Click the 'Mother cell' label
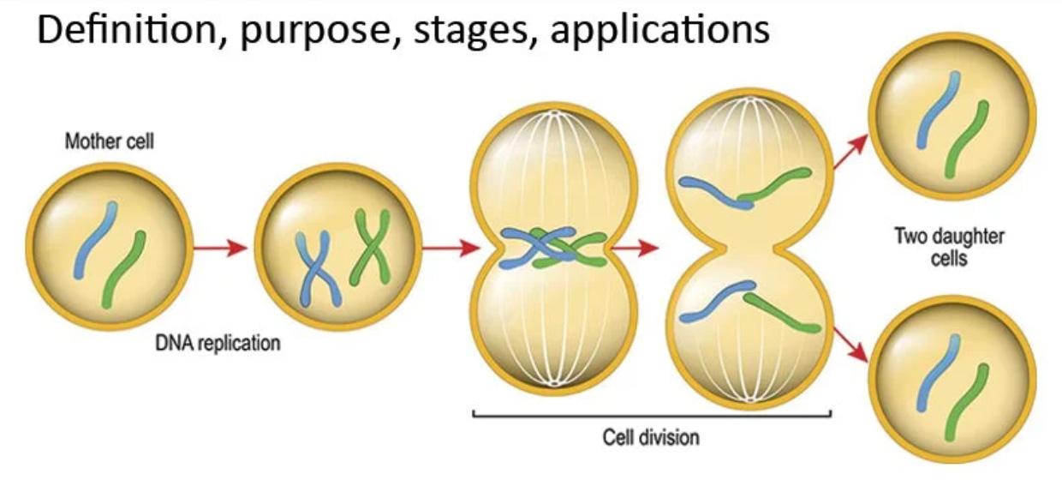point(110,141)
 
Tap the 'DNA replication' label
point(218,344)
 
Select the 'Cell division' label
point(651,437)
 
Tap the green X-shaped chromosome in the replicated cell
point(370,249)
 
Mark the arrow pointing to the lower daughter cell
point(850,344)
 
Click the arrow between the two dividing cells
point(636,249)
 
